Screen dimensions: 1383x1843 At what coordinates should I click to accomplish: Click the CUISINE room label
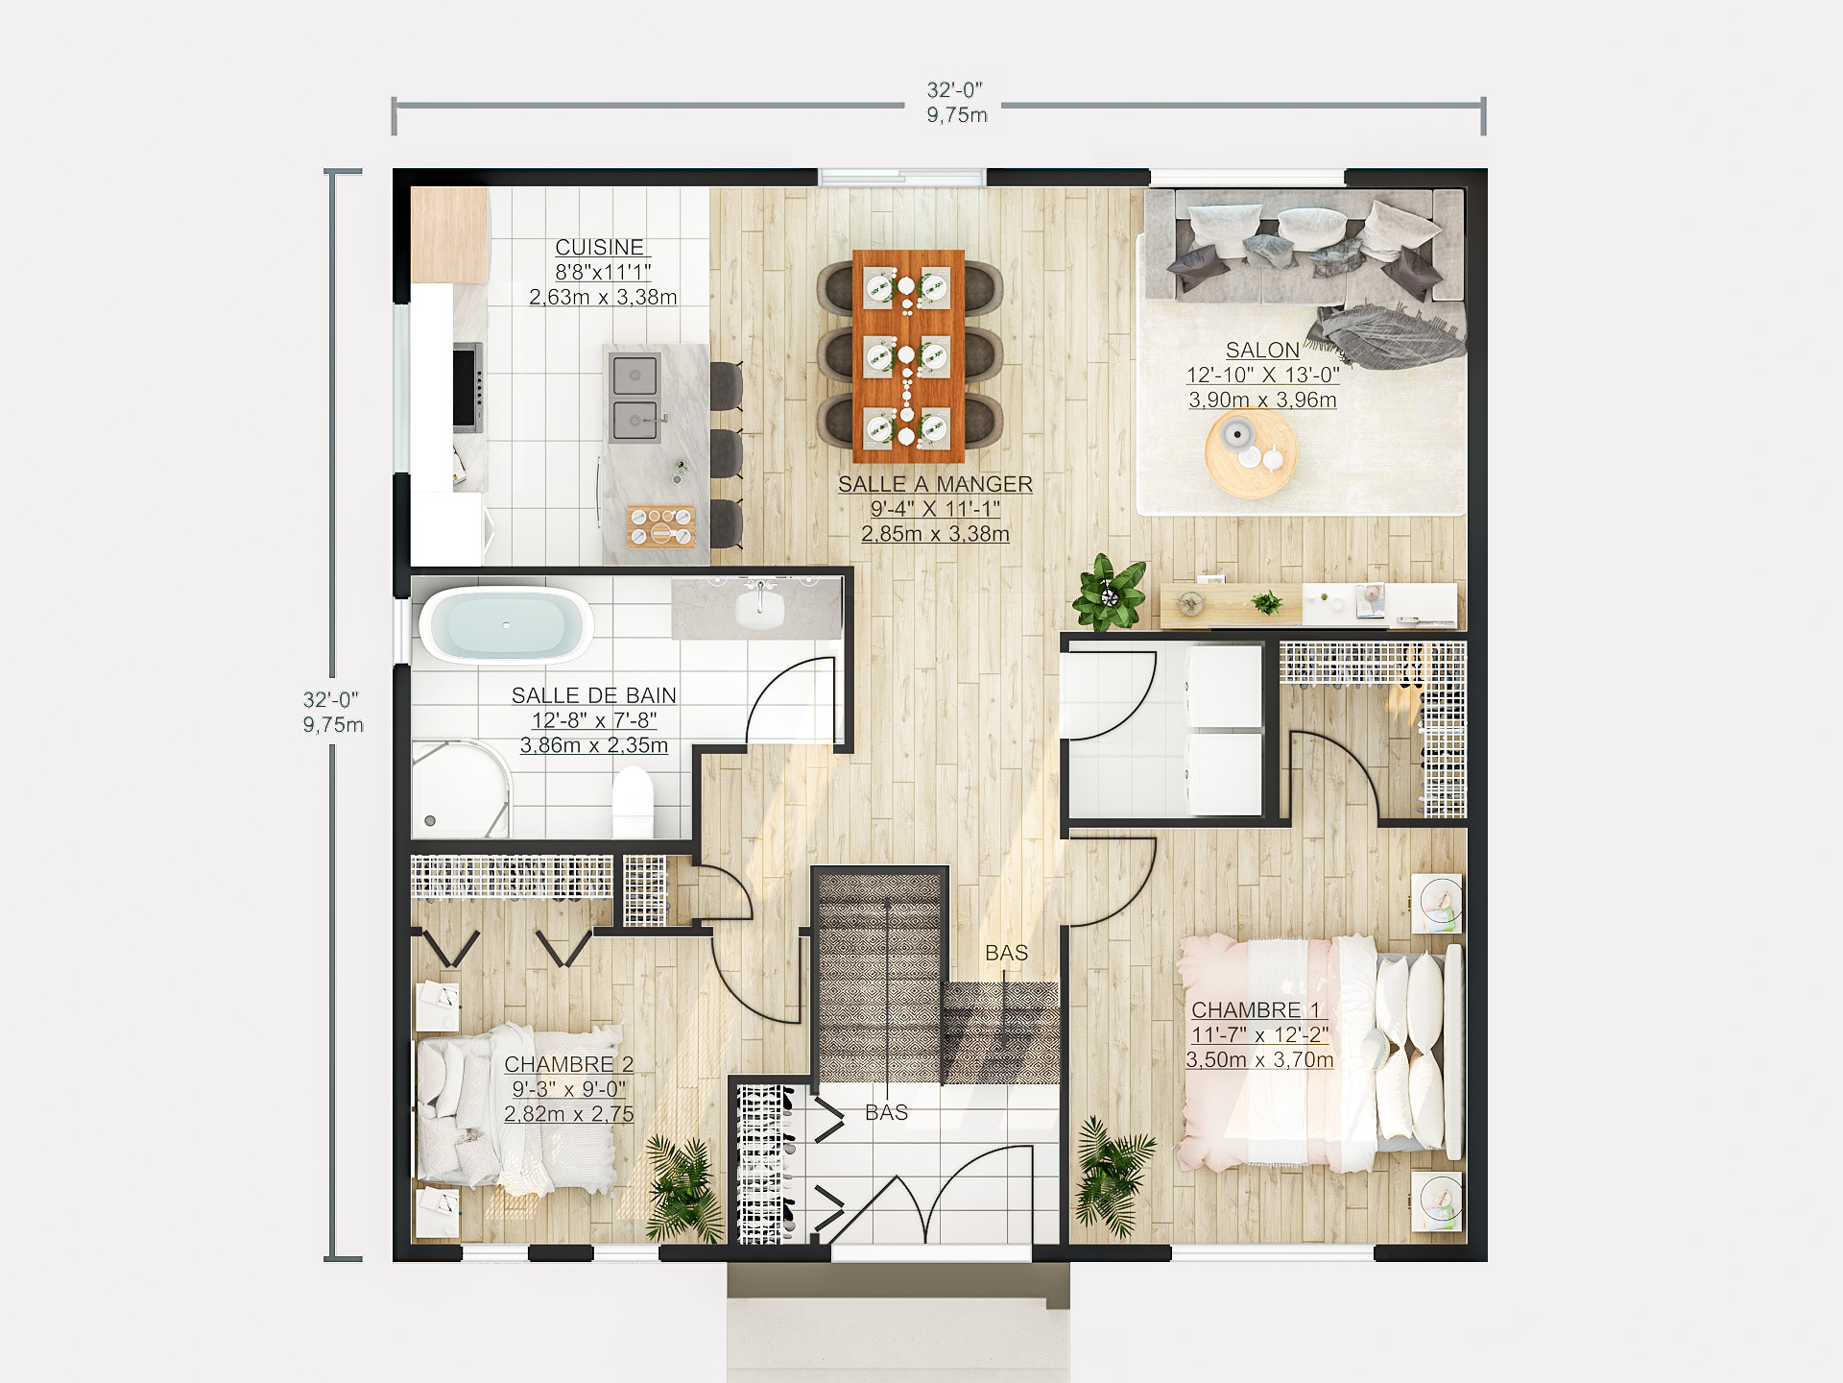(600, 248)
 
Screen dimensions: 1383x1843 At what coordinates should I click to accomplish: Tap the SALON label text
(1262, 351)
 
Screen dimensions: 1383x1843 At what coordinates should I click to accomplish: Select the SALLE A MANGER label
(935, 485)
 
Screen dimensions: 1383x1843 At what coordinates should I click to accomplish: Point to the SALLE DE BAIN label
(593, 695)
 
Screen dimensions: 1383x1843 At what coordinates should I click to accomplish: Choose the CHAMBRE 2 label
(568, 1064)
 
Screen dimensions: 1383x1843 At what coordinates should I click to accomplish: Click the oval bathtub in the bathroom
(506, 625)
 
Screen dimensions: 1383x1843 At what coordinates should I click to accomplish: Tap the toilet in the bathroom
(633, 801)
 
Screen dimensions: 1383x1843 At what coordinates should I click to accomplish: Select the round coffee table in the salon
(1251, 453)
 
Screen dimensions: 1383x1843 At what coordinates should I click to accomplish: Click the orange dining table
(908, 355)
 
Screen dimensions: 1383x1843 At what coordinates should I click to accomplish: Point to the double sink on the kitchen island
(635, 398)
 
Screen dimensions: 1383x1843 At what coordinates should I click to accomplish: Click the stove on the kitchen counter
(467, 388)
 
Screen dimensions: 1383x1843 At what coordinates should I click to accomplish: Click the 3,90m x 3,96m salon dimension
(1262, 400)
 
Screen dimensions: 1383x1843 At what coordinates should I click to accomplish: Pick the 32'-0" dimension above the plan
(954, 89)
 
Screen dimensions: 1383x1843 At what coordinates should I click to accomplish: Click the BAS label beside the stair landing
(1006, 953)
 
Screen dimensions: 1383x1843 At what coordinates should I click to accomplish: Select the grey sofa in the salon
(1305, 245)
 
